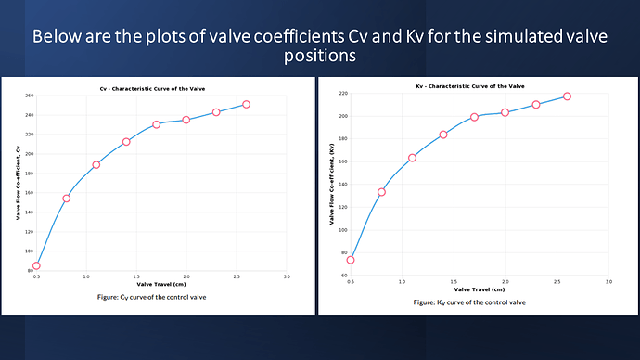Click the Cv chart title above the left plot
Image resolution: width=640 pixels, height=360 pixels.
[x=159, y=87]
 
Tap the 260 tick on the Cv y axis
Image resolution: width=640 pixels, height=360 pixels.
[x=29, y=96]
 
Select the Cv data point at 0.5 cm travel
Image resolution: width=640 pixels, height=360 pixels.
[x=36, y=265]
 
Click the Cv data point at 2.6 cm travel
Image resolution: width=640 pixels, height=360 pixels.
[x=246, y=104]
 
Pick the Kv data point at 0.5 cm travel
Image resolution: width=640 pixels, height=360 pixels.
[x=351, y=260]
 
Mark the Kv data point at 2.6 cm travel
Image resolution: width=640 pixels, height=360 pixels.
[x=567, y=96]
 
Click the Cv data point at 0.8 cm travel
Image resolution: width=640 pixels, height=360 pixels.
[x=66, y=198]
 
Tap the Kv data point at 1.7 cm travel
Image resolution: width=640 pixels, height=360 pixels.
[x=474, y=117]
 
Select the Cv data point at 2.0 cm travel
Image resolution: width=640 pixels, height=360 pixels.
[x=186, y=120]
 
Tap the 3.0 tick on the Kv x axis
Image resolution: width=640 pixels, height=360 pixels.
[x=608, y=280]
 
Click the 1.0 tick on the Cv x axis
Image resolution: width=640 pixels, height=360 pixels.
[x=86, y=276]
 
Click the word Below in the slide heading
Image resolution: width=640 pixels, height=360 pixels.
[x=58, y=39]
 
